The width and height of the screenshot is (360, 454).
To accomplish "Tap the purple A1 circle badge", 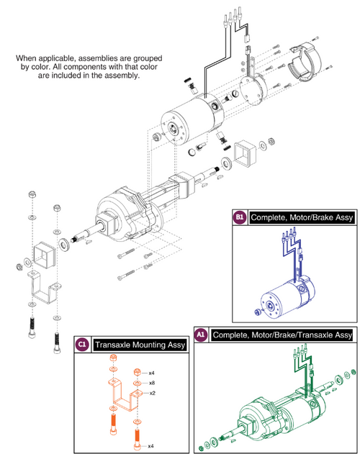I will point(201,335).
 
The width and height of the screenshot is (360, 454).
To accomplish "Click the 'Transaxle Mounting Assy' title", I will point(130,345).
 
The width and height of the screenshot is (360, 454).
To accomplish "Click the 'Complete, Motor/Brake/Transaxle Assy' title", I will point(282,335).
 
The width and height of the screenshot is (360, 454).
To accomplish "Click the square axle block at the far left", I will point(37,255).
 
